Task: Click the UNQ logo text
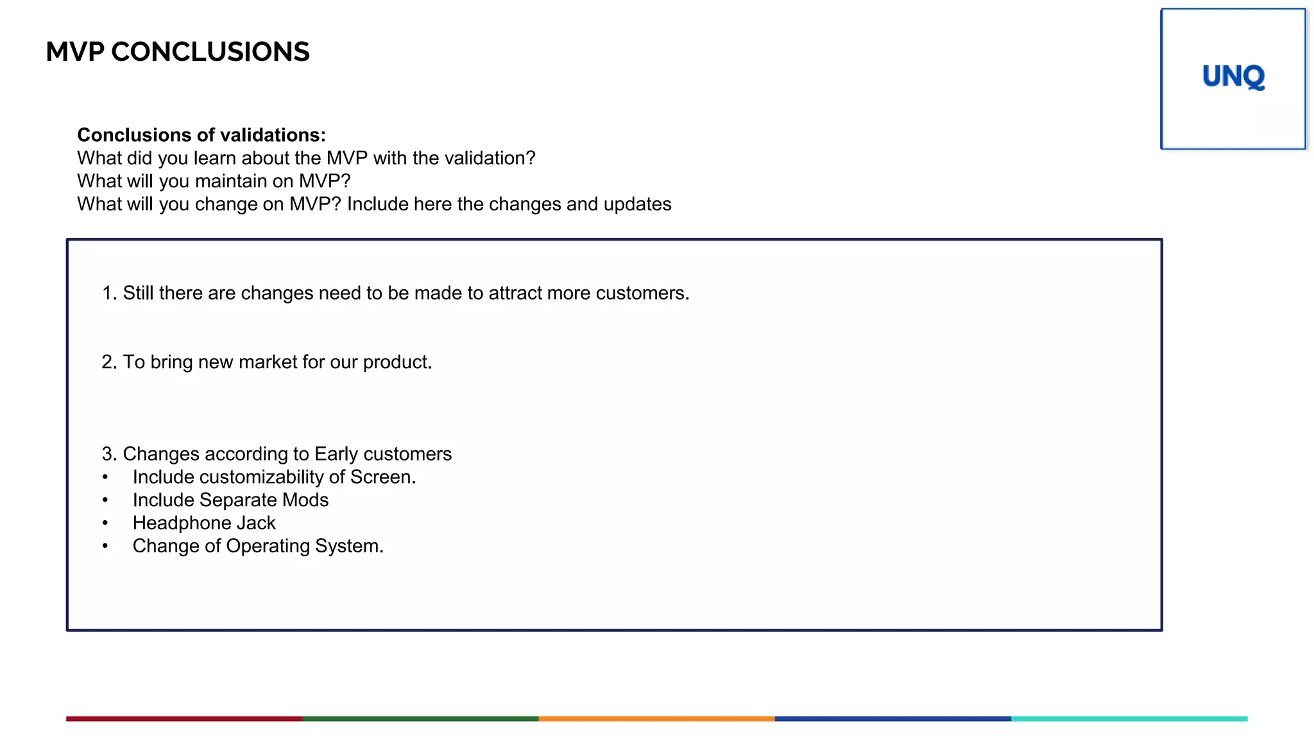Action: point(1233,77)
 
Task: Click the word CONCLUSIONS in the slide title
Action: point(210,52)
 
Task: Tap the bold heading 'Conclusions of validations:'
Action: point(201,135)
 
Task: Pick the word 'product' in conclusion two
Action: point(395,362)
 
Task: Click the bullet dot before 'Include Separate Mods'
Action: point(105,500)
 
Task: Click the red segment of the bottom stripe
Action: point(184,719)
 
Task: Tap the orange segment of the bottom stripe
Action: point(656,719)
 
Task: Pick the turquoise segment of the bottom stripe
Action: point(1129,719)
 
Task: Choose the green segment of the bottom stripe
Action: point(420,719)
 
